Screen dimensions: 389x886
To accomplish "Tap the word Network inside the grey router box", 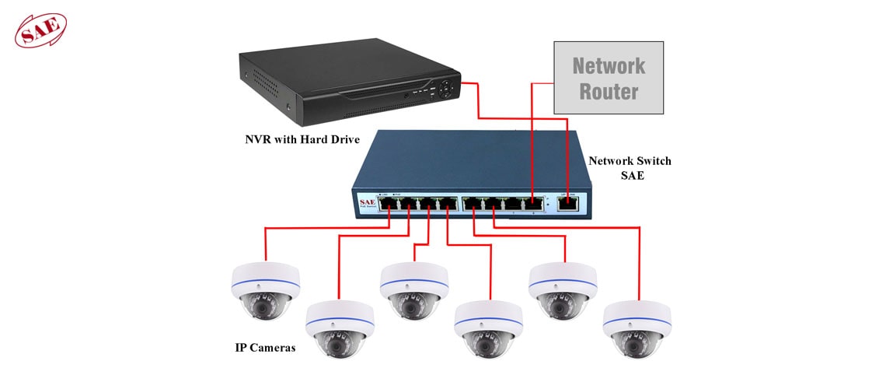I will [609, 65].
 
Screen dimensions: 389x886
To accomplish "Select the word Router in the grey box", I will [609, 91].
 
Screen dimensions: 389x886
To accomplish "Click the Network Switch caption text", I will [630, 161].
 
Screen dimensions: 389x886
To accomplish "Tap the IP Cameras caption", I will [265, 348].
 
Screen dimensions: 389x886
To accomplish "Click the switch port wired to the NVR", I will [567, 204].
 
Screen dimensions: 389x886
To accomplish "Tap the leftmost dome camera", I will [265, 293].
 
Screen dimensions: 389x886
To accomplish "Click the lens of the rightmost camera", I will [637, 343].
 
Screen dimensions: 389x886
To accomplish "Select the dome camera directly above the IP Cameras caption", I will [265, 293].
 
